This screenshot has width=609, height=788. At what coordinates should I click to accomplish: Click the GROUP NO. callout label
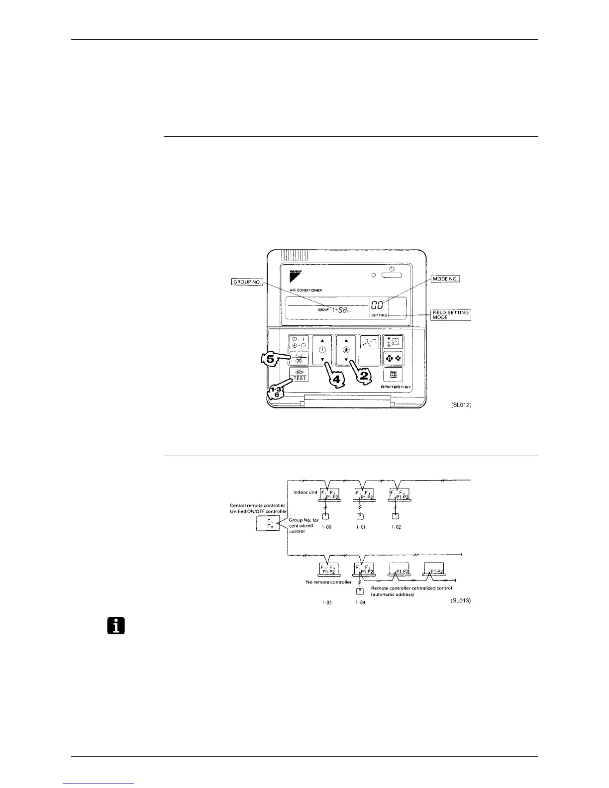247,282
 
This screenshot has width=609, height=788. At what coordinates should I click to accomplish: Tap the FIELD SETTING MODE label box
451,315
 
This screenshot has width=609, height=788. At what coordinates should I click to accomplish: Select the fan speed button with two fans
393,358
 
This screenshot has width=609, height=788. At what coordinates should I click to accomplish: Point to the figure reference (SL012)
460,405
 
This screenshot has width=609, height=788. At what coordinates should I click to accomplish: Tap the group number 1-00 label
326,527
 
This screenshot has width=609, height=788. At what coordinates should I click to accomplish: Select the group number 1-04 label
360,602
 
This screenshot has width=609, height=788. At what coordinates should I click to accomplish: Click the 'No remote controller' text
328,582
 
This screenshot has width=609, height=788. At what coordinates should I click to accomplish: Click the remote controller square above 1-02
395,516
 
